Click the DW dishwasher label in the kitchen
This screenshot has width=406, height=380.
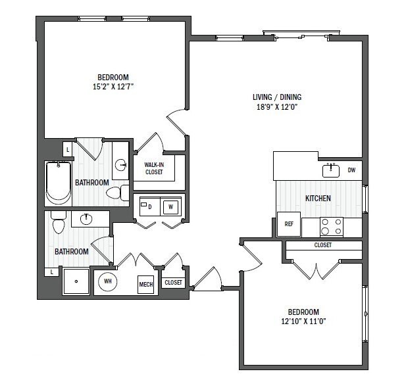tap(351, 170)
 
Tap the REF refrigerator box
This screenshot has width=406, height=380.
tap(288, 224)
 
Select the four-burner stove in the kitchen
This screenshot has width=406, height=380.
tap(332, 227)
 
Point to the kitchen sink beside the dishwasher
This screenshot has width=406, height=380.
tap(331, 170)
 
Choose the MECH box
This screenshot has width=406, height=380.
tap(146, 285)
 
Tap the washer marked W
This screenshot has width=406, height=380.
tap(170, 206)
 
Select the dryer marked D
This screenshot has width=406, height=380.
tap(149, 206)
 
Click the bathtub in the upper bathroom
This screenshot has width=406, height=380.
tap(58, 183)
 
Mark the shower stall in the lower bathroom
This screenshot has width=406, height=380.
tap(76, 281)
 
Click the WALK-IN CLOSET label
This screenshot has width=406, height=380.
tap(155, 169)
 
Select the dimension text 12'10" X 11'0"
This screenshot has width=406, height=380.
tap(303, 321)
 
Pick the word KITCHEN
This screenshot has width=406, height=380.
tap(318, 198)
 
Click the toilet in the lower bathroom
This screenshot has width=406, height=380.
tap(58, 224)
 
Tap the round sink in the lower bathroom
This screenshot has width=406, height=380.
tap(86, 218)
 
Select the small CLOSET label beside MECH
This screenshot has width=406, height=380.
tap(173, 282)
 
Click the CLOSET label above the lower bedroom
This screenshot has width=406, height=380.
tap(322, 245)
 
